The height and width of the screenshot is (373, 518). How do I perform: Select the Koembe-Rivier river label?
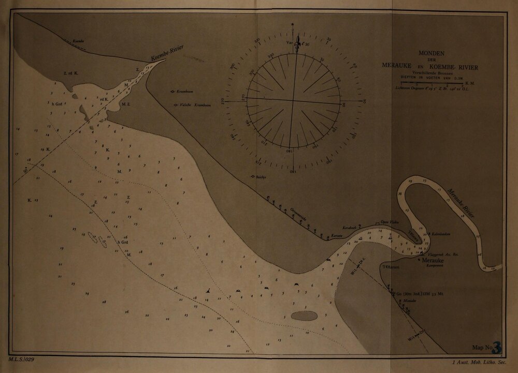(168, 54)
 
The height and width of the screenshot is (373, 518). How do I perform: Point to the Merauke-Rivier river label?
(462, 202)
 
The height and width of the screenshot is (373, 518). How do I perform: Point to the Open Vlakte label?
(388, 220)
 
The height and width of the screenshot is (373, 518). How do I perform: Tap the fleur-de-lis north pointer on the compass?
(297, 46)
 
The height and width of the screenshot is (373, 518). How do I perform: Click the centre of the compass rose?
(294, 100)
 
